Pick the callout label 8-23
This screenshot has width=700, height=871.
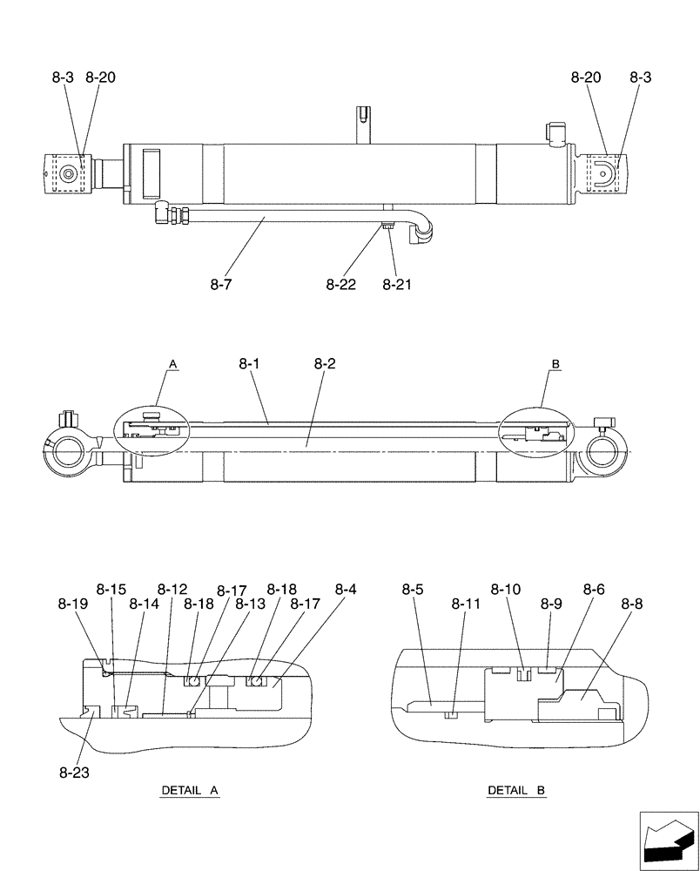[73, 771]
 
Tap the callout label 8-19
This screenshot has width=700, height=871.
[73, 603]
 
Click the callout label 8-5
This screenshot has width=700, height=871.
[413, 590]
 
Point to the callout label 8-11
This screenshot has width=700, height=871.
[466, 603]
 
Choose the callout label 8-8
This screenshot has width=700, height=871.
[634, 603]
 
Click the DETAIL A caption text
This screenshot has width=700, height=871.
[189, 791]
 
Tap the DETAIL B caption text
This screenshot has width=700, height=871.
[516, 791]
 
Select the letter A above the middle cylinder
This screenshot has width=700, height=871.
[172, 362]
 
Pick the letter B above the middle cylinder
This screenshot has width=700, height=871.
[555, 362]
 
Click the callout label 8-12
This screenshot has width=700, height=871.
[172, 590]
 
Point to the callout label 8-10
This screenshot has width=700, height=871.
[505, 590]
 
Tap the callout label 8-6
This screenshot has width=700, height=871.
[594, 590]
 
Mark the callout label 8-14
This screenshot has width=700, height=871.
[144, 603]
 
